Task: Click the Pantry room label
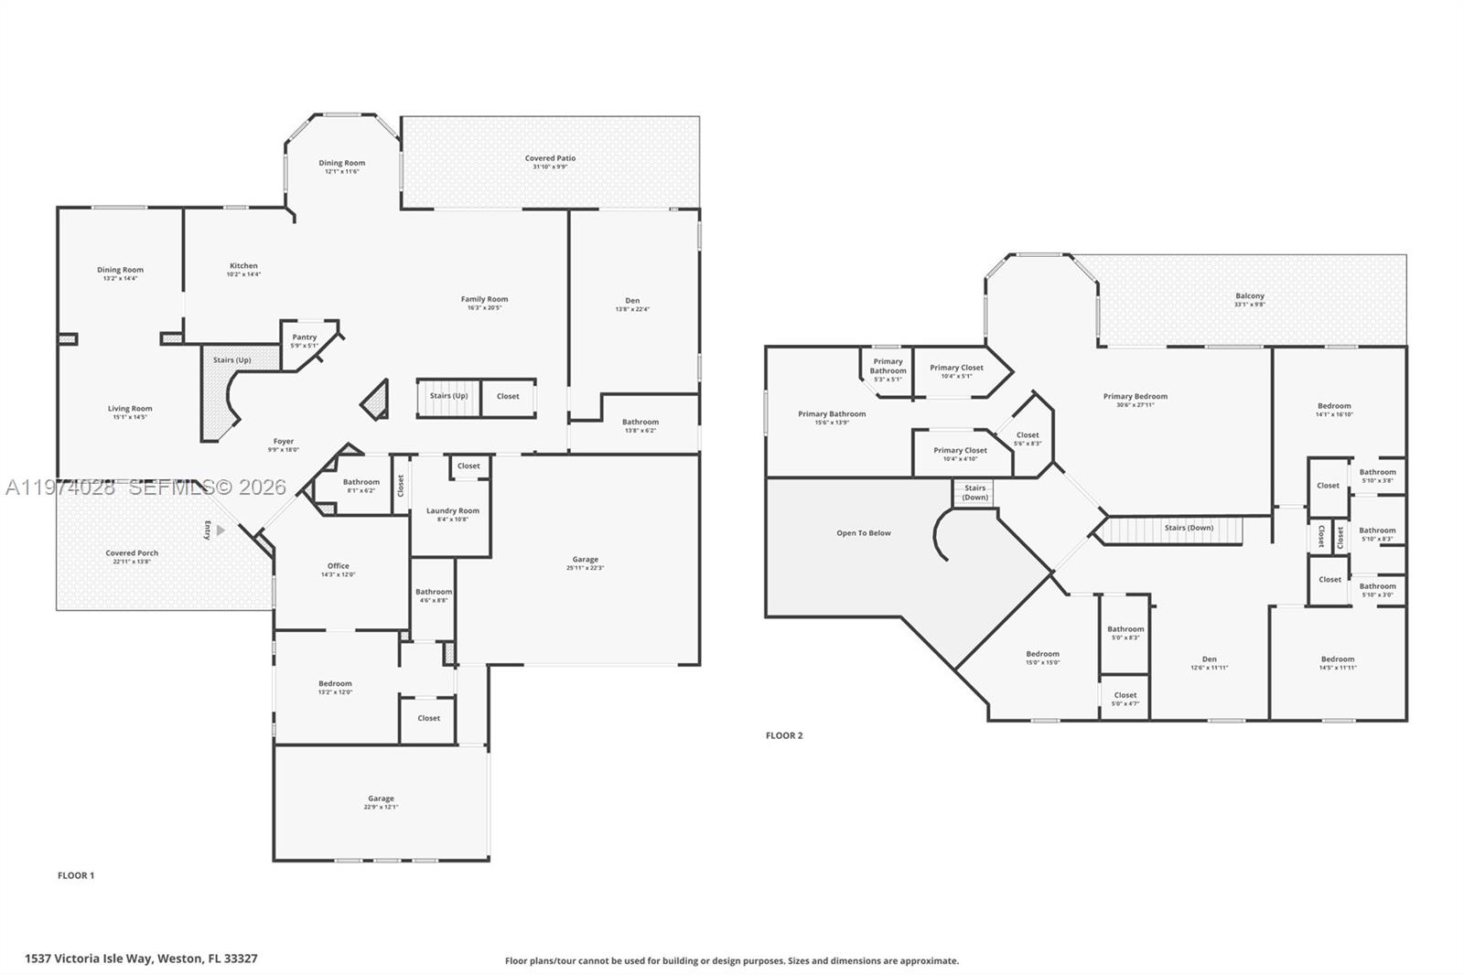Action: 305,337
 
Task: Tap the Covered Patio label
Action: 550,158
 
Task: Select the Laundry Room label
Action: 452,511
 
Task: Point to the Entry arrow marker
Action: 220,530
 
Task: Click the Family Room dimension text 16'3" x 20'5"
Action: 484,308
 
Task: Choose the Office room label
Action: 338,566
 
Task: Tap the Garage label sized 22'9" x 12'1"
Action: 381,798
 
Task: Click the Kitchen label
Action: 243,266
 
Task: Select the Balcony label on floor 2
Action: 1249,296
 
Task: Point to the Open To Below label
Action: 863,533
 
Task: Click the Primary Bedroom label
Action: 1135,397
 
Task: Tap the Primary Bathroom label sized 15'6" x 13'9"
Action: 831,414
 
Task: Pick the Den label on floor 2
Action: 1209,659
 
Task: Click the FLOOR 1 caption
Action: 76,875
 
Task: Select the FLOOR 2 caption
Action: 784,735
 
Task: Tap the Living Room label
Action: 130,409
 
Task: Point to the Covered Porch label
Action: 132,553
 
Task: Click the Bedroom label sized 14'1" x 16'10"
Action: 1333,406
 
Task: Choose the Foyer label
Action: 283,442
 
